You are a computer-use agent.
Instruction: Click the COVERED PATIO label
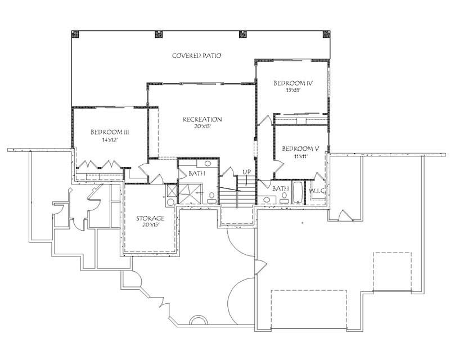tap(196, 56)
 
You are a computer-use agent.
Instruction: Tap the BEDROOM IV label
tap(292, 83)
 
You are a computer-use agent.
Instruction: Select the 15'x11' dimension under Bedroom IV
tap(292, 91)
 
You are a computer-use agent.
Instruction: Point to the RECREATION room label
tap(202, 119)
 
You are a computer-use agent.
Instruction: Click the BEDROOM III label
tap(110, 132)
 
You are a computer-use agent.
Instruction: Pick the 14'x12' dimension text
tap(110, 140)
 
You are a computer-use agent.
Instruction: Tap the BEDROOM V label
tap(300, 148)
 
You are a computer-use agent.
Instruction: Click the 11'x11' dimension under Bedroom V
tap(300, 156)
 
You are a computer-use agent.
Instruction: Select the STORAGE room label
tap(151, 218)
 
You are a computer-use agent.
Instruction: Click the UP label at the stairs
tap(246, 172)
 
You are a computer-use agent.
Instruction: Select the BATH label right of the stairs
tap(281, 188)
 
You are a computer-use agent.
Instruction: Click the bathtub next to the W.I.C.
tap(298, 192)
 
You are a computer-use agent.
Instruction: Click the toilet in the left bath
tap(211, 197)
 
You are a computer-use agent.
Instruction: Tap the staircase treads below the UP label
tap(231, 197)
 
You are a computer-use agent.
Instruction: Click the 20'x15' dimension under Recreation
tap(202, 127)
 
